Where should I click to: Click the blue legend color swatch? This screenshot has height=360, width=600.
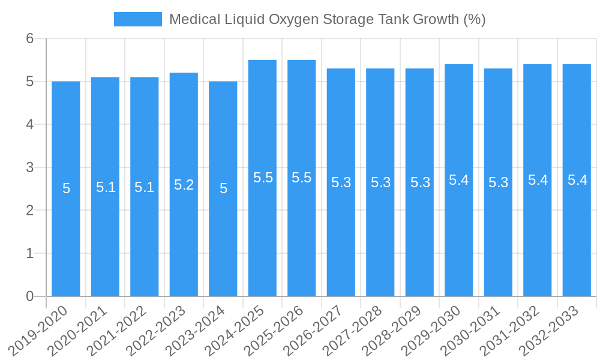click(138, 19)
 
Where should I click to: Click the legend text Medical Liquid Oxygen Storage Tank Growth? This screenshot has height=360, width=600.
click(327, 19)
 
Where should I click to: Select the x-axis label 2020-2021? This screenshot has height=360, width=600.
click(78, 331)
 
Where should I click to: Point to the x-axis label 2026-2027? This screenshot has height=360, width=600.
click(314, 331)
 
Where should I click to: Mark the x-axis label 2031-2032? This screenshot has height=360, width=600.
click(511, 331)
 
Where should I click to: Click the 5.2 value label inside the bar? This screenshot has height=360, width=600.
click(184, 185)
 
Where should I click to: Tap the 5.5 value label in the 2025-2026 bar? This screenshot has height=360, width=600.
click(301, 178)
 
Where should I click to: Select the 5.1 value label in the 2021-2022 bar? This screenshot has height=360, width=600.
click(144, 187)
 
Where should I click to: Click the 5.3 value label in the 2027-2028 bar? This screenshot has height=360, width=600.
click(380, 182)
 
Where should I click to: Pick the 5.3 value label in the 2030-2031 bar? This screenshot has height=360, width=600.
click(498, 182)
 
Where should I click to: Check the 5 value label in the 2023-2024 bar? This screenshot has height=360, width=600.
click(223, 188)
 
